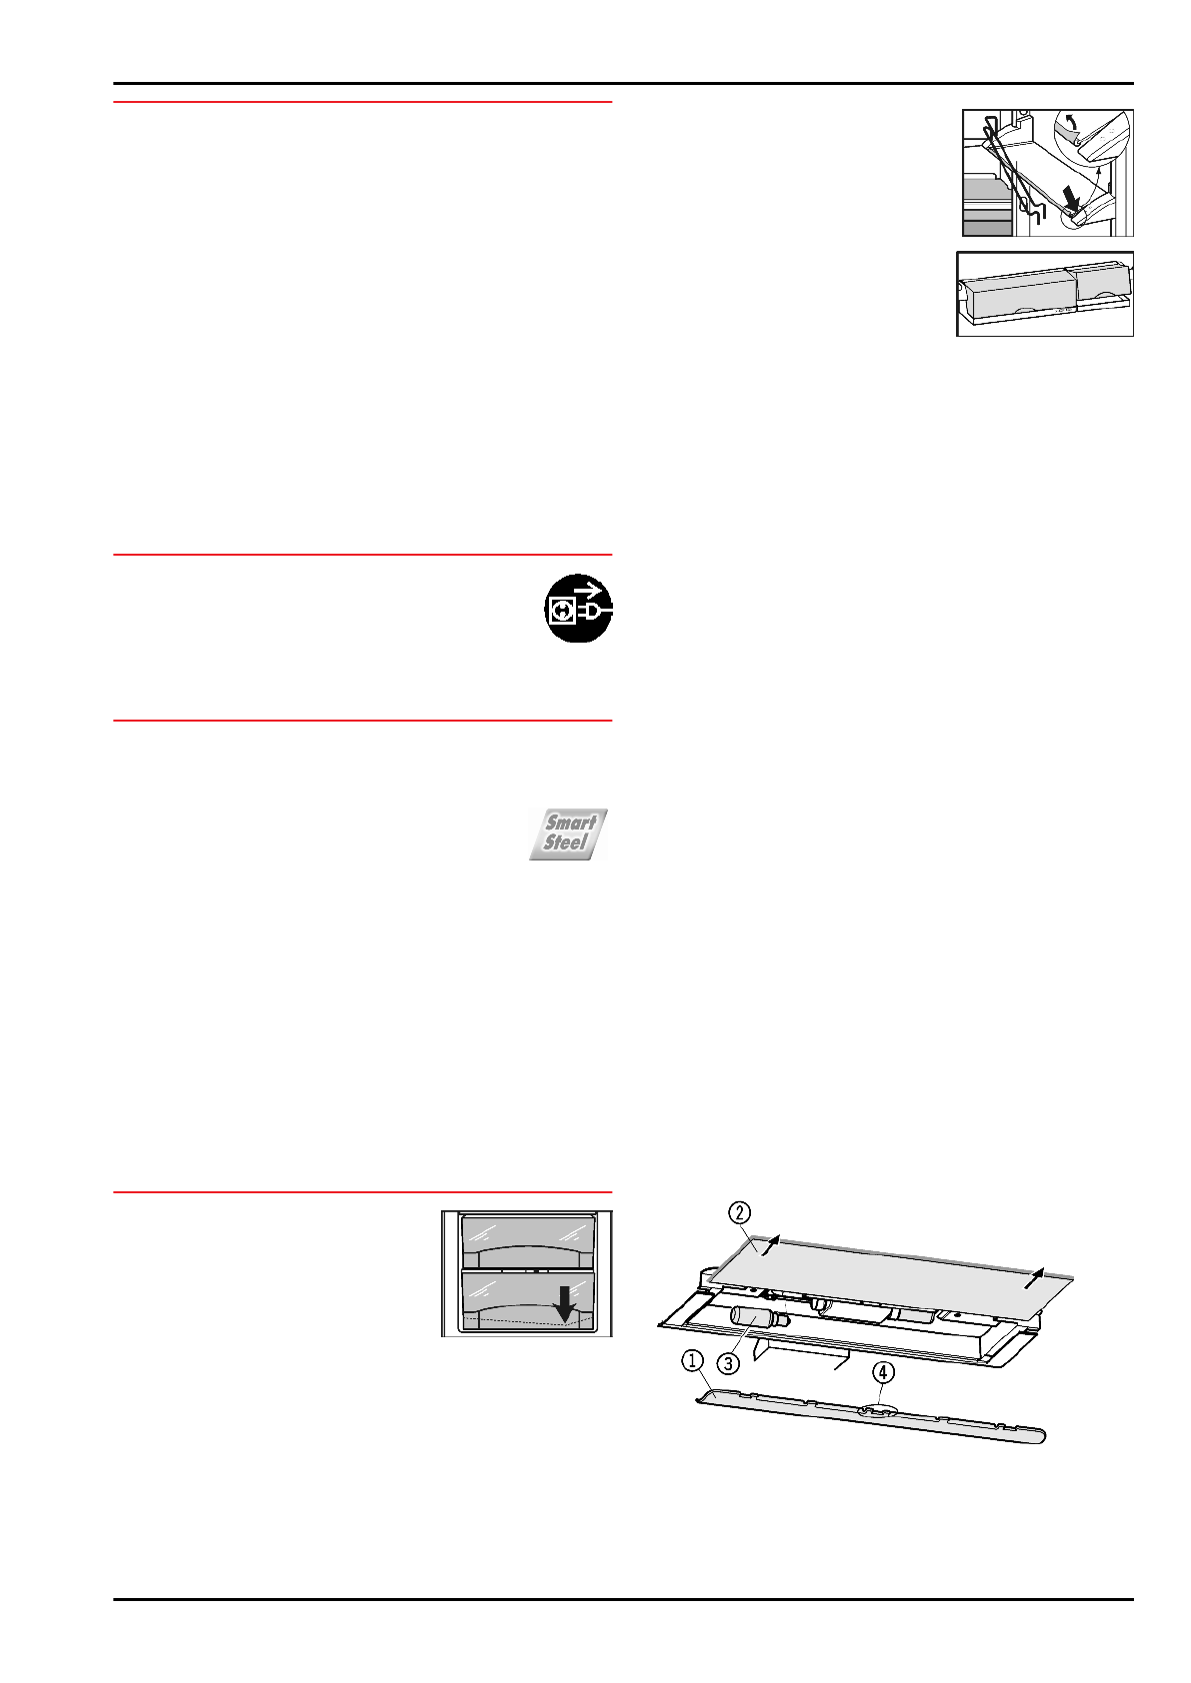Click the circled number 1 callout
click(x=692, y=1360)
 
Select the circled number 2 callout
click(x=738, y=1213)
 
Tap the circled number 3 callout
click(x=729, y=1363)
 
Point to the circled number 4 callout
click(x=883, y=1372)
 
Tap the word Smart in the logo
click(x=570, y=823)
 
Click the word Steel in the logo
click(x=565, y=842)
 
